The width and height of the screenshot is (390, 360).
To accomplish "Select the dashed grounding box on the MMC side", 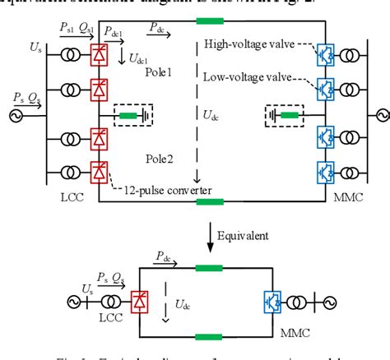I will coord(282,117).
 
